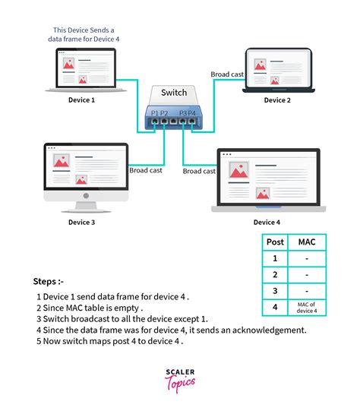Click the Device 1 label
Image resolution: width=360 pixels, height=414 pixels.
coord(81,100)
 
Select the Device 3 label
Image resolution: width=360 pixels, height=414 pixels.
coord(81,222)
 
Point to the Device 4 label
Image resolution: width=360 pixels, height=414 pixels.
coord(266,222)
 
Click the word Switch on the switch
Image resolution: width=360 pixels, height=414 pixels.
coord(173,93)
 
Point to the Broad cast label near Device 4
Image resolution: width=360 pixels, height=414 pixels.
coord(200,171)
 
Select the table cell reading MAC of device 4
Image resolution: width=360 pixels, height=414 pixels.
coord(306,307)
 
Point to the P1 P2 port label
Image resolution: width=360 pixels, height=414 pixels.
coord(159,113)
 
